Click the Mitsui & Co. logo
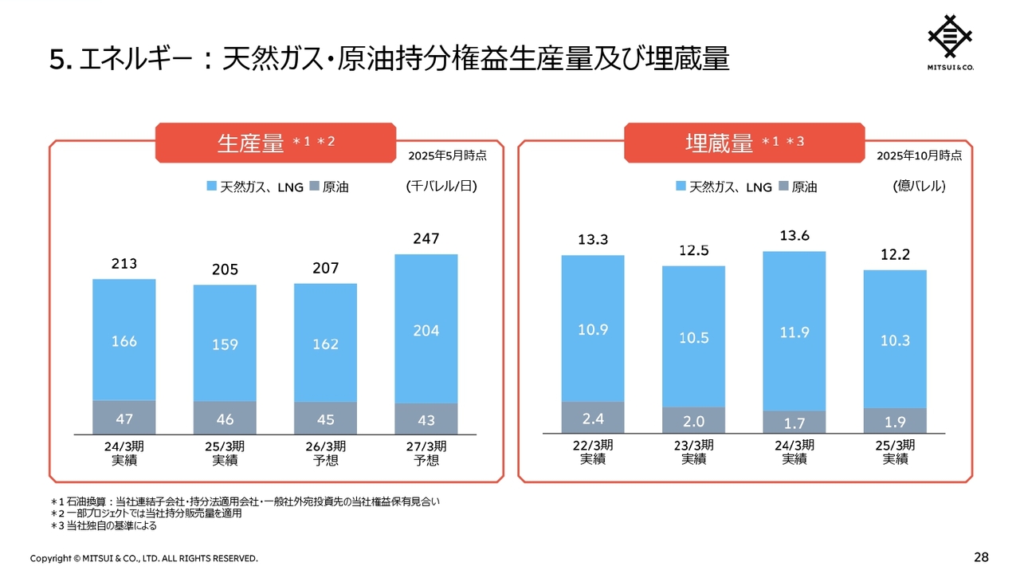point(951,41)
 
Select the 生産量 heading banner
point(276,143)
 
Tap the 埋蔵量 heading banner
point(744,143)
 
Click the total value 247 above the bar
point(426,238)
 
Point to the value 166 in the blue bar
point(124,341)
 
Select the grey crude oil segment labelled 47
point(124,418)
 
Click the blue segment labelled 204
point(426,330)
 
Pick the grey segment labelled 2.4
point(593,418)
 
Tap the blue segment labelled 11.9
point(794,333)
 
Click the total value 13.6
point(794,236)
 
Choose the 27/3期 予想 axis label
point(426,453)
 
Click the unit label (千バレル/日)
point(441,187)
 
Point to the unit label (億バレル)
point(919,187)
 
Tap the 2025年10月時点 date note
point(919,155)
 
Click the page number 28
point(981,556)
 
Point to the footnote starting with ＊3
point(104,525)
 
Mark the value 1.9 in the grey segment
point(895,419)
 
